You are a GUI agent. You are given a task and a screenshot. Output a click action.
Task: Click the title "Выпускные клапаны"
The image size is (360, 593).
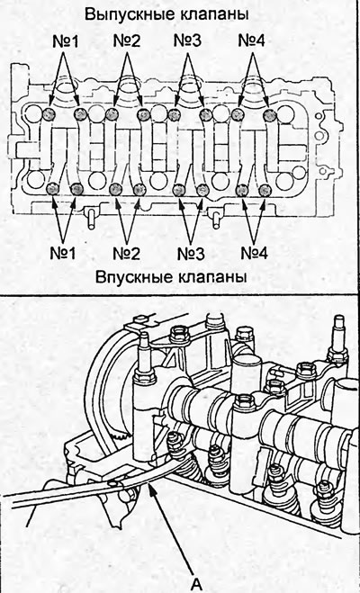click(x=166, y=15)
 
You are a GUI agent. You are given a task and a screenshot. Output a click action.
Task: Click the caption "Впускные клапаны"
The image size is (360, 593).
click(x=171, y=277)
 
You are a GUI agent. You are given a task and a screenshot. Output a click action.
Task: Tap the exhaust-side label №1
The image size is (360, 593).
click(x=65, y=41)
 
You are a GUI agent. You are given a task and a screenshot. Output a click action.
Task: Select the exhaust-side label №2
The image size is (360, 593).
click(x=127, y=41)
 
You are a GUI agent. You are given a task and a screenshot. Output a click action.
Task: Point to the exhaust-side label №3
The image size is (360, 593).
click(x=187, y=40)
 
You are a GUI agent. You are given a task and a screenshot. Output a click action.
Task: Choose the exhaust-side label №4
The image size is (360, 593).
click(x=251, y=40)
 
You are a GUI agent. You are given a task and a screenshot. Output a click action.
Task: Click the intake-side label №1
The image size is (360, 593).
click(x=63, y=253)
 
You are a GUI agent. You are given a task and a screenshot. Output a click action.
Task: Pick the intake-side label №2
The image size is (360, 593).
click(x=127, y=254)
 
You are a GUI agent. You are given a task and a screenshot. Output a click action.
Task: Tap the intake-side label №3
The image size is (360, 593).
click(x=191, y=254)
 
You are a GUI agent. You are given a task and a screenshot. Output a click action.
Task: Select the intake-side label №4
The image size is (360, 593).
click(x=254, y=253)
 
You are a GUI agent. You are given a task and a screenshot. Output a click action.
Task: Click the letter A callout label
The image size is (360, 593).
click(x=196, y=585)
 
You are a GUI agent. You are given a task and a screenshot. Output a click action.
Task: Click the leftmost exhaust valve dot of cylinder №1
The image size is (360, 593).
click(x=49, y=113)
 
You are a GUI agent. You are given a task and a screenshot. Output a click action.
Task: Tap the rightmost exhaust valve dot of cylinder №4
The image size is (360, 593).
click(x=270, y=113)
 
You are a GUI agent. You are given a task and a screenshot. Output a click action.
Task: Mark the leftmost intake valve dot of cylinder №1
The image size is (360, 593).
click(x=51, y=188)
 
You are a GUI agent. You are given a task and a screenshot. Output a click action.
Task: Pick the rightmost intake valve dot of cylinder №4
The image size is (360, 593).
click(x=266, y=190)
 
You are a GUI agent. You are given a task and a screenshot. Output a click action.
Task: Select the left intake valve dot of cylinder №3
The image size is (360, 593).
click(x=179, y=190)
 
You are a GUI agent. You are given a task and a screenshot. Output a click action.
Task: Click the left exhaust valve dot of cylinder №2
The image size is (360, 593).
click(x=112, y=113)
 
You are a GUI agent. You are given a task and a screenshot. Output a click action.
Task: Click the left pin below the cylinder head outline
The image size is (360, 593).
click(x=91, y=218)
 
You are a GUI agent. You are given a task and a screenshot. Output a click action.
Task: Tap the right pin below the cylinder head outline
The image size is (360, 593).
click(x=216, y=219)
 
